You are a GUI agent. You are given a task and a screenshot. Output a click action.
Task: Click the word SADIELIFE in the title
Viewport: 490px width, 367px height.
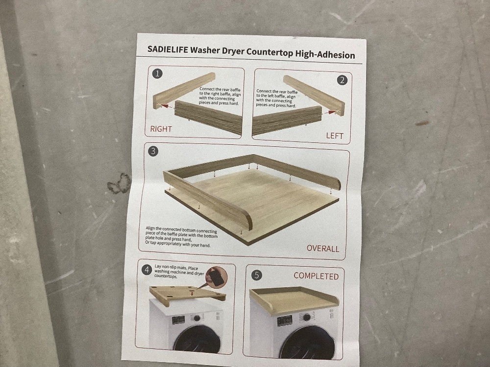(168, 49)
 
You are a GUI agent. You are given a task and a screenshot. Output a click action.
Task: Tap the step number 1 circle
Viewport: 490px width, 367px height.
(157, 74)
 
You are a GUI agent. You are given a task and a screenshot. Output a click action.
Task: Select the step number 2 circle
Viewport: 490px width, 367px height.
(342, 80)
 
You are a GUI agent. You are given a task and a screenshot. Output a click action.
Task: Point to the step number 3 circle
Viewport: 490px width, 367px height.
(153, 151)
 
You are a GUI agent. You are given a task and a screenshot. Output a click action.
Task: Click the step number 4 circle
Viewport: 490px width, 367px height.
(147, 269)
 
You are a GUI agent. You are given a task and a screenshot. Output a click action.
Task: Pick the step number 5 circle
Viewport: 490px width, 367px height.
(257, 275)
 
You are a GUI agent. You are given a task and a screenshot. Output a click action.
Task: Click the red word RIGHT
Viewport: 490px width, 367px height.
(161, 129)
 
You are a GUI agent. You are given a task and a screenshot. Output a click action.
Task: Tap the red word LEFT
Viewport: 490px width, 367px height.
(335, 136)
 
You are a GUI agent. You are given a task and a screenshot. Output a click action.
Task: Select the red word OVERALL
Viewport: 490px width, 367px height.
(323, 249)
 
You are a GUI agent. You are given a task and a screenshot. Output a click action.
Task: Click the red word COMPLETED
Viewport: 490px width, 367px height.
(316, 276)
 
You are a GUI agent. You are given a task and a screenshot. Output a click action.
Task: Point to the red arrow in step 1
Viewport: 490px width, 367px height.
(168, 106)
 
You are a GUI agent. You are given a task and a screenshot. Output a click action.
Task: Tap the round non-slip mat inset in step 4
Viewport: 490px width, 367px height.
(216, 277)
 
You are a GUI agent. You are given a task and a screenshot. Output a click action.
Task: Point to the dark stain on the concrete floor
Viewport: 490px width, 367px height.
(119, 183)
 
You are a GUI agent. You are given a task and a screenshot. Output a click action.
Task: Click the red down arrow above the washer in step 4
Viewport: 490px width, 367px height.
(192, 293)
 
